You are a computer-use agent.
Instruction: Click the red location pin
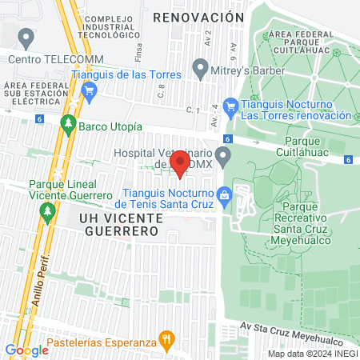(x=180, y=163)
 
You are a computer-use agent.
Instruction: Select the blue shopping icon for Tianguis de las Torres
(x=90, y=90)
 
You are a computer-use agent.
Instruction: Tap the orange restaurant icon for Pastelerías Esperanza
(x=166, y=339)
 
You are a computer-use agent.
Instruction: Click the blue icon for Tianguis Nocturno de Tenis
(x=225, y=195)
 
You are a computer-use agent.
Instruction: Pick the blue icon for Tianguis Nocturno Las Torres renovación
(x=230, y=105)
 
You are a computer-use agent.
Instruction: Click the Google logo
(x=26, y=350)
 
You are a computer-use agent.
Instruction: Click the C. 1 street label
(x=190, y=110)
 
